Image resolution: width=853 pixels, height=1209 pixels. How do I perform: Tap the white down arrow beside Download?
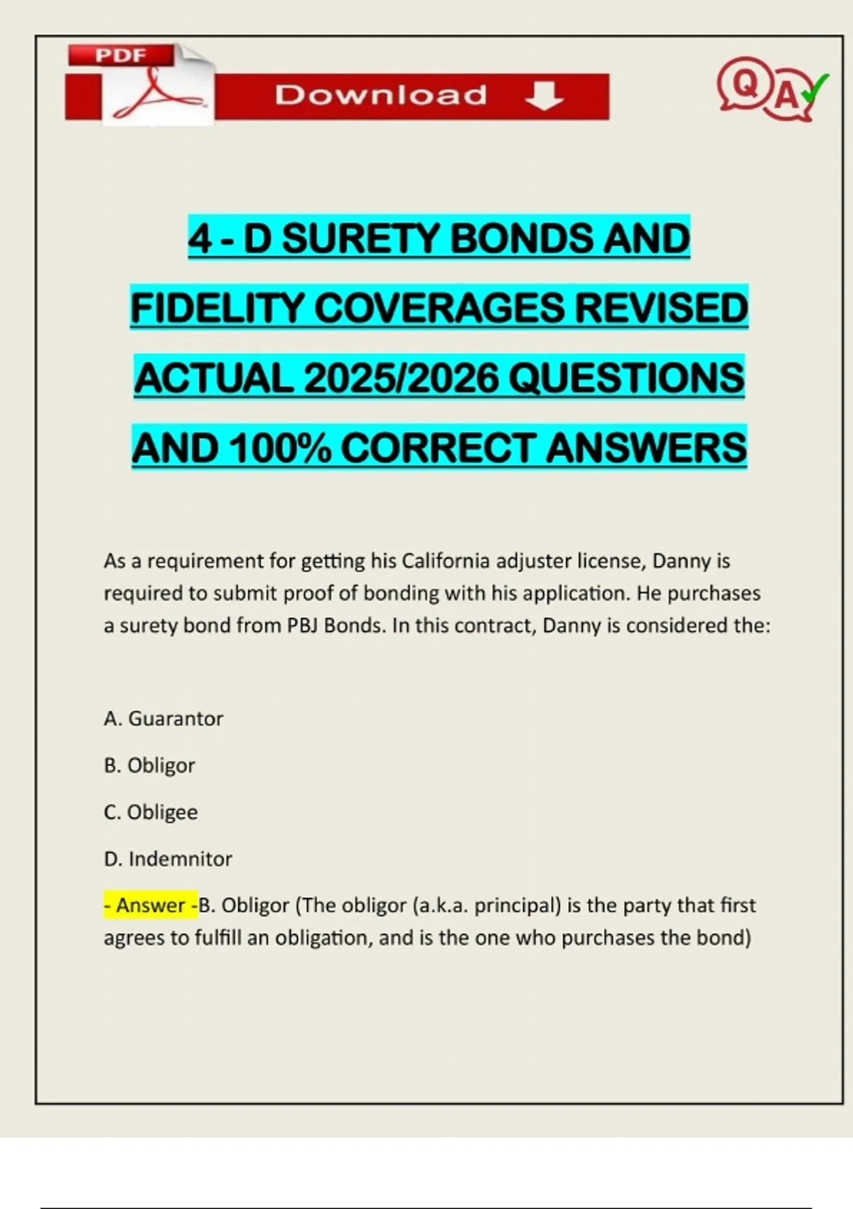click(x=544, y=95)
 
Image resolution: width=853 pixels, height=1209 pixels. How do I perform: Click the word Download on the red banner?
click(x=381, y=95)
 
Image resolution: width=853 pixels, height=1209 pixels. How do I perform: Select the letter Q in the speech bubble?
click(x=745, y=85)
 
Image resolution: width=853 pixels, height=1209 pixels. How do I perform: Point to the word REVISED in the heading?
click(x=660, y=308)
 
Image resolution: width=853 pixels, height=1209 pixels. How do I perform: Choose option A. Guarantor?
click(x=163, y=719)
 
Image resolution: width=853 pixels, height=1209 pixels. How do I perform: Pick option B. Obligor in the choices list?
click(x=149, y=766)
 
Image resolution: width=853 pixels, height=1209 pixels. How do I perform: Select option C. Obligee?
click(x=151, y=812)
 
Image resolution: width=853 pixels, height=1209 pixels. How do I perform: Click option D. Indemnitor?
click(x=168, y=859)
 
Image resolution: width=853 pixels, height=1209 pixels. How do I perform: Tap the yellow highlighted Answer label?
click(x=151, y=905)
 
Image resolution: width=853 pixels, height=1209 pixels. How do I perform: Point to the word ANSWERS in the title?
click(x=646, y=448)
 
